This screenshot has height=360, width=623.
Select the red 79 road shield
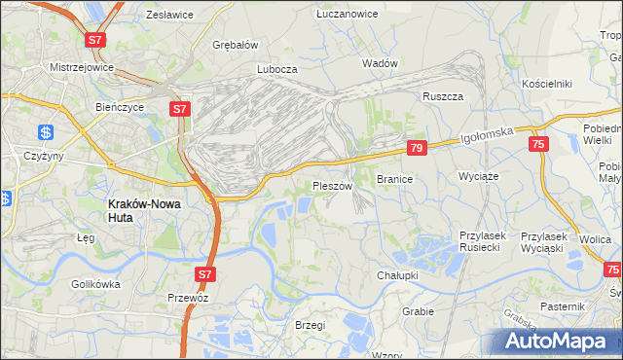coord(417,148)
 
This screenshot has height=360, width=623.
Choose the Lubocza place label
coord(276,69)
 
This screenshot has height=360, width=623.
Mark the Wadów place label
coord(380,62)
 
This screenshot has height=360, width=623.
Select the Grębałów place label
coord(235,44)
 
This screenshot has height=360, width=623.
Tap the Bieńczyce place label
coord(120,106)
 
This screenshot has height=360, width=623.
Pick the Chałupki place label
coord(397,275)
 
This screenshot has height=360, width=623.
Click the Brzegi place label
coord(309,325)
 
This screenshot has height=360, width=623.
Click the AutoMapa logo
coord(561,340)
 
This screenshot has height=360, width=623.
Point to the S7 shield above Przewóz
coord(204,275)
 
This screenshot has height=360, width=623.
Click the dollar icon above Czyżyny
coord(46,132)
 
